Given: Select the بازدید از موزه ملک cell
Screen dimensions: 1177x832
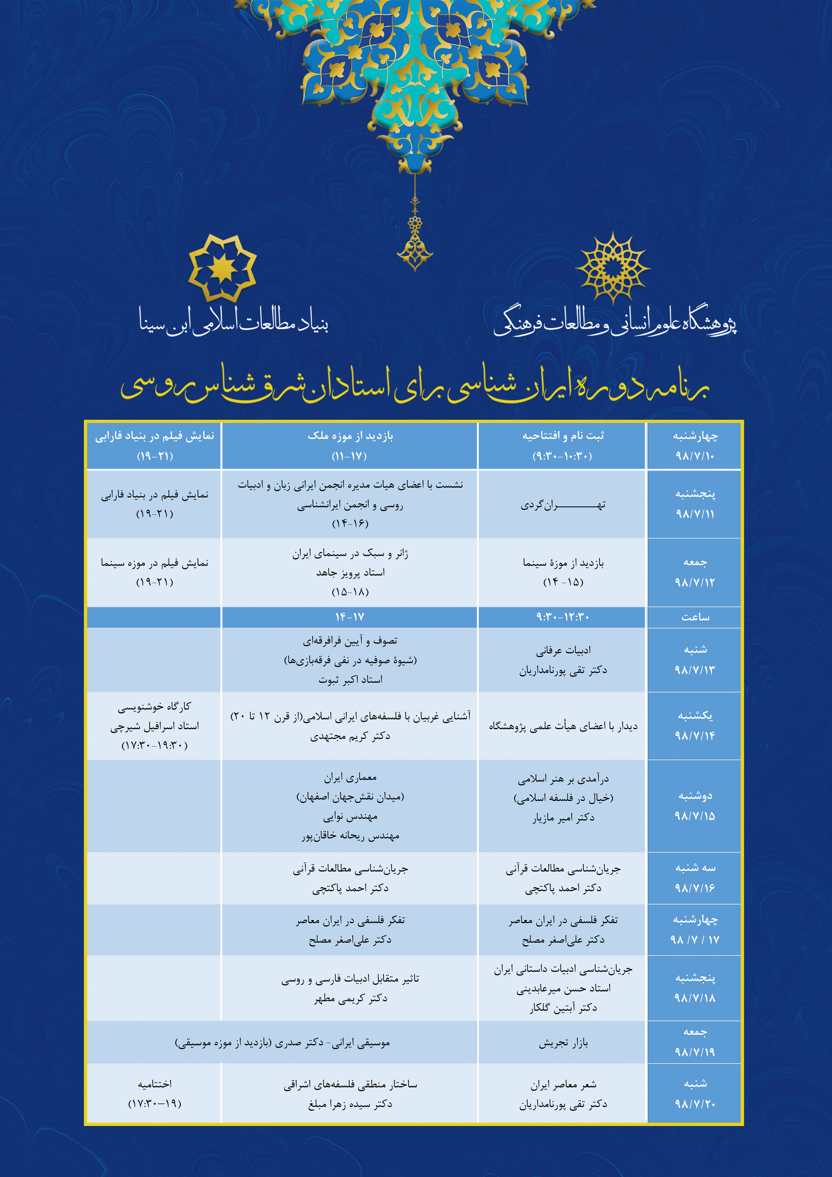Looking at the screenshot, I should [x=350, y=446].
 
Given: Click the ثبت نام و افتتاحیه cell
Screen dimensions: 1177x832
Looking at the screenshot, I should [x=562, y=446].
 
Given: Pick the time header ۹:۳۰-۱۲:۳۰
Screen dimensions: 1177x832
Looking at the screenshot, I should [x=562, y=617].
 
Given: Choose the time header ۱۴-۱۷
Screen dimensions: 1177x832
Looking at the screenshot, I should [x=350, y=617].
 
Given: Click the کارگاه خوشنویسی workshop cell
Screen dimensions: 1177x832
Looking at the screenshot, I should [x=154, y=725].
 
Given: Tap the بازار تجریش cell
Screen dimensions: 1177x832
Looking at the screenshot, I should [x=562, y=1043].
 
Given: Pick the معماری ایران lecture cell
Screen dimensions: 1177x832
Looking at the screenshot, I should [x=350, y=805].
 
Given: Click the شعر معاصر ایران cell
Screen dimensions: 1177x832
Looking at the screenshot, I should [x=562, y=1093].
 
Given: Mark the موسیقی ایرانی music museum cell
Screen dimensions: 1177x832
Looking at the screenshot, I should [x=282, y=1043].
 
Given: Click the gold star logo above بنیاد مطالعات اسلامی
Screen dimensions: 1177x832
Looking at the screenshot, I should [x=222, y=268].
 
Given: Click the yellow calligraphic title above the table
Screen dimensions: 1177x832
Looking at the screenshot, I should [x=415, y=385].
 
